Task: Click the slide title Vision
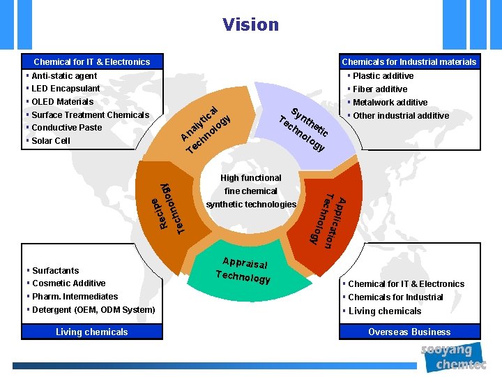tap(250, 25)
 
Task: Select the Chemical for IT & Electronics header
tap(92, 62)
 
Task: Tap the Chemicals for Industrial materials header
tap(409, 62)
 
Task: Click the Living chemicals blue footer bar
tap(92, 332)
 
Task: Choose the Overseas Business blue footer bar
tap(409, 332)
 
